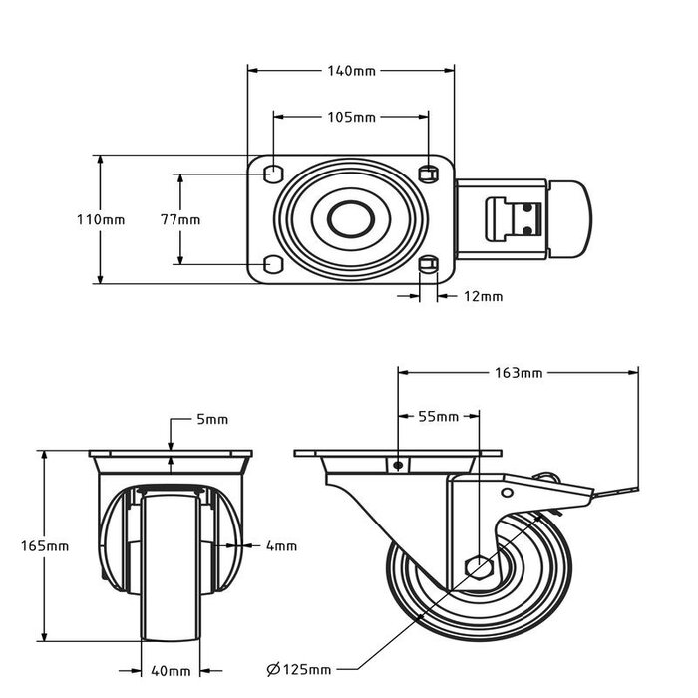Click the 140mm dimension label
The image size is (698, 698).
coord(351,71)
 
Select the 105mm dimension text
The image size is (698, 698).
coord(351,117)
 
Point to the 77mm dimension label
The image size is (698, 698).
coord(180,219)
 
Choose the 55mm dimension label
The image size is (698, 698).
coord(439,416)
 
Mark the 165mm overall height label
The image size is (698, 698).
coord(46,546)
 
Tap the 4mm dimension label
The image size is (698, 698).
coord(282,545)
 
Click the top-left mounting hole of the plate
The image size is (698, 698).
coord(271,174)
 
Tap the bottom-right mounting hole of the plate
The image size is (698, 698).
coord(429,264)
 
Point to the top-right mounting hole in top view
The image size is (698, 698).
coord(429,174)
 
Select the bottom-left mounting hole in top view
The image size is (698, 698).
coord(271,264)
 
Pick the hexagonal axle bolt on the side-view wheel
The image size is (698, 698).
coord(478,568)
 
